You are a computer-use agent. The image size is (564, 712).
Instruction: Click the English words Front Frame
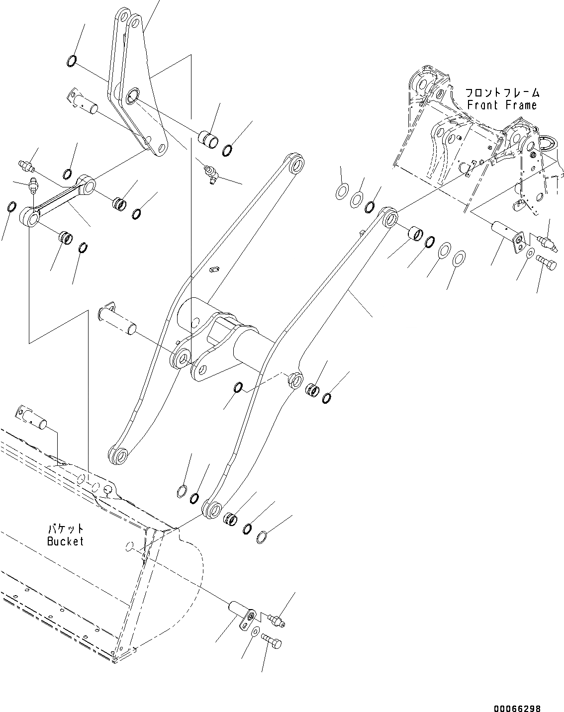tap(502, 105)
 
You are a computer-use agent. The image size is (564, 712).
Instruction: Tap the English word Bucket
tap(65, 541)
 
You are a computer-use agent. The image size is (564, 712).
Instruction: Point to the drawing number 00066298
tap(517, 695)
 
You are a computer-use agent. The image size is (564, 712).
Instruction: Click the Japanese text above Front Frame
tap(502, 93)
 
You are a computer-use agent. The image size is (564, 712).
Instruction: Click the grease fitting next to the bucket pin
tap(275, 620)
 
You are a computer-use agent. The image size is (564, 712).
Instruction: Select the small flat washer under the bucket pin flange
tap(255, 631)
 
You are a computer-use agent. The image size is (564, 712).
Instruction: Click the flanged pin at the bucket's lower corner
tap(241, 612)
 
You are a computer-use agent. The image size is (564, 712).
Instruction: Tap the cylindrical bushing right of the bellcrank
tap(209, 139)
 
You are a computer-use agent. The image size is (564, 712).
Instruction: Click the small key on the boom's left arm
tap(215, 269)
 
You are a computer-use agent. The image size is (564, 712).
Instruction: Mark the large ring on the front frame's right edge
tap(550, 144)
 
